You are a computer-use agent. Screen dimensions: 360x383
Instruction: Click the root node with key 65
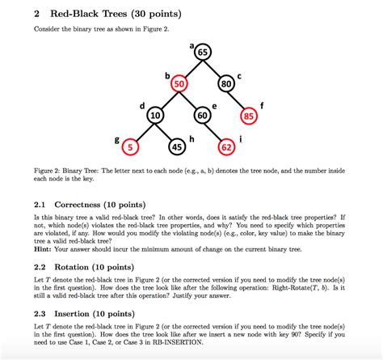[202, 53]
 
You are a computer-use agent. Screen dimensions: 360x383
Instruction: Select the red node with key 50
[179, 83]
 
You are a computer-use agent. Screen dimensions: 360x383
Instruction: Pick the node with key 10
[155, 116]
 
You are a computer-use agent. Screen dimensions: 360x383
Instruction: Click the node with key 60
[203, 116]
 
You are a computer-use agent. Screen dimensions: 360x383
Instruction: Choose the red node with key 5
[133, 147]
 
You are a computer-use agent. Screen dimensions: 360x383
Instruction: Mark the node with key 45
[178, 147]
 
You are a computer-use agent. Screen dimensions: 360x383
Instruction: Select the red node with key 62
[227, 147]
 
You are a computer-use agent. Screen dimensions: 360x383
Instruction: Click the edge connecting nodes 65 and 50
[191, 68]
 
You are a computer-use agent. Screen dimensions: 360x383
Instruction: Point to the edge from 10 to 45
[166, 132]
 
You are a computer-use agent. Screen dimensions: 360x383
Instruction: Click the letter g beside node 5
[118, 139]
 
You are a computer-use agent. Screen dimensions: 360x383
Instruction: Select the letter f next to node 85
[262, 105]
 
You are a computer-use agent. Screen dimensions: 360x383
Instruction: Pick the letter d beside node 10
[142, 106]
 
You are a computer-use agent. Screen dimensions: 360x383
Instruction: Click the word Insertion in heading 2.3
[79, 312]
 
